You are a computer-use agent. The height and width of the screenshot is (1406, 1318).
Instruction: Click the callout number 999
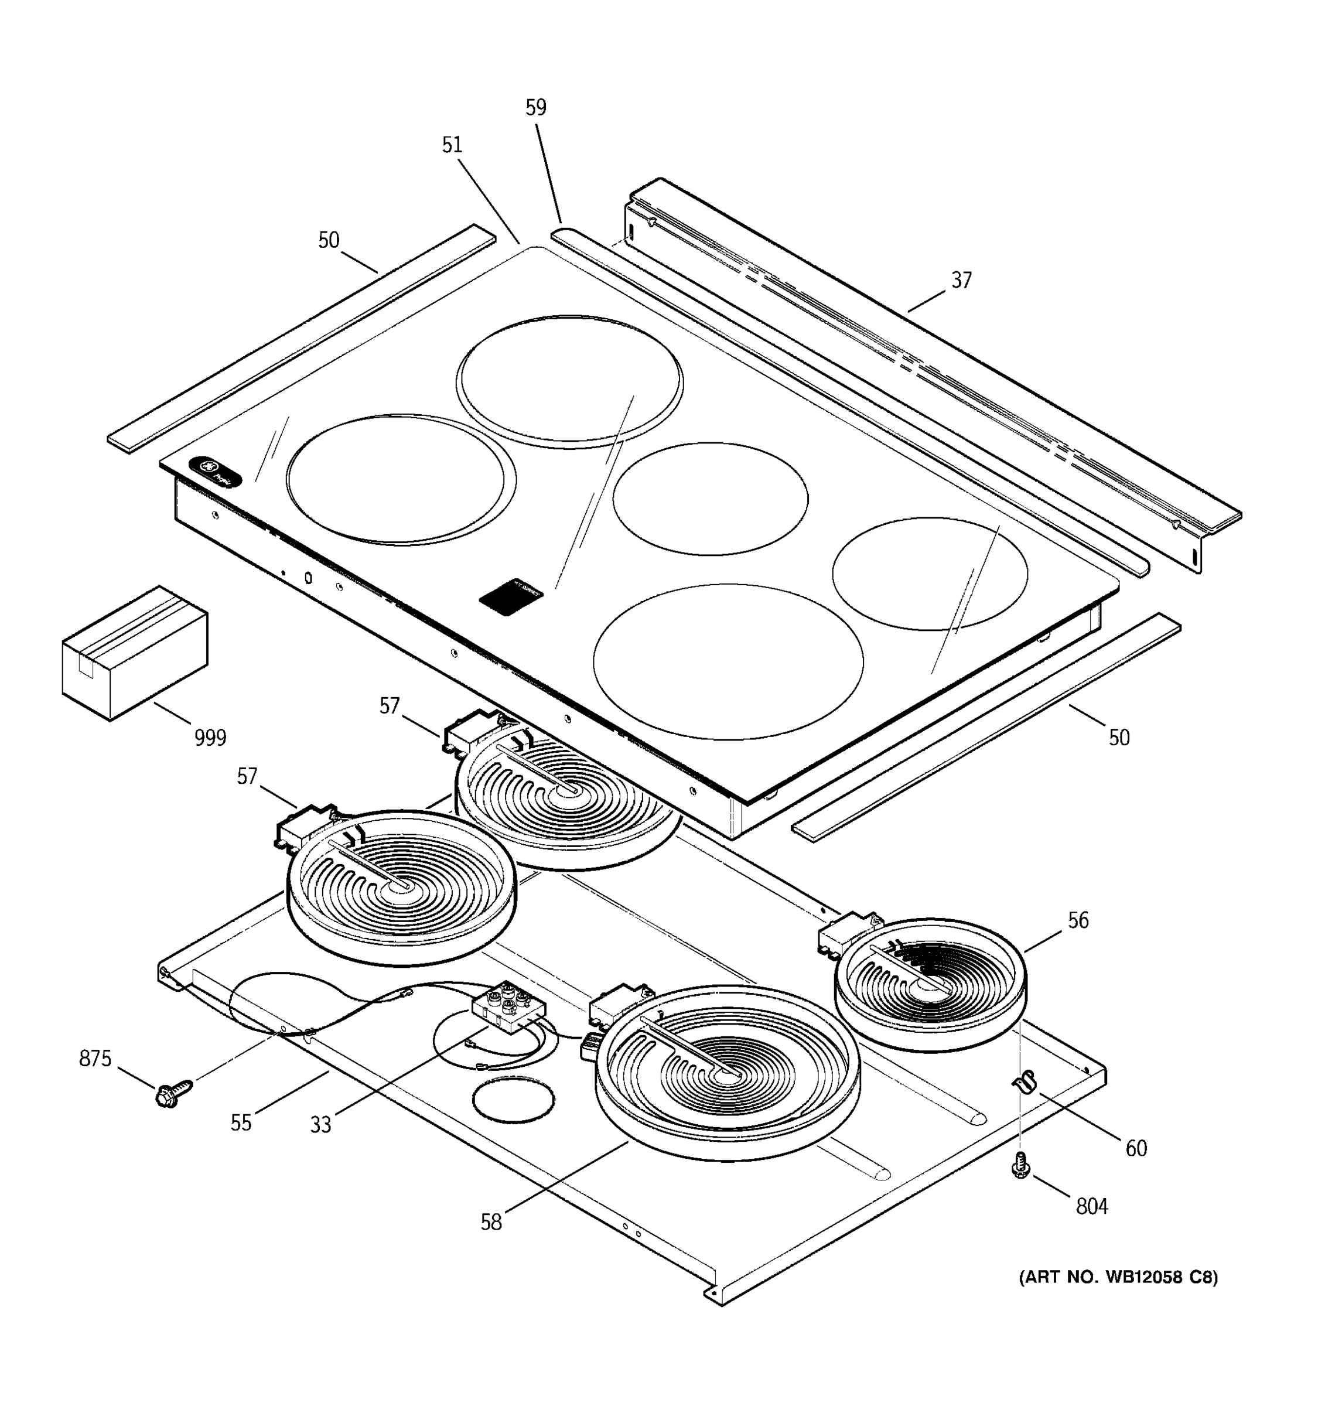[210, 738]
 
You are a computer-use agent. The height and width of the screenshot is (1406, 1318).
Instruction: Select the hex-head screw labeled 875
[172, 1093]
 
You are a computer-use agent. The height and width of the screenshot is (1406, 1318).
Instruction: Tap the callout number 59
[536, 108]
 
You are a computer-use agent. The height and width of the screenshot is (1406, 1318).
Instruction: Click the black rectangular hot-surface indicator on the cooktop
[511, 598]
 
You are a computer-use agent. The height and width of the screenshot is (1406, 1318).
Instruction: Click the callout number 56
[1078, 920]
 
